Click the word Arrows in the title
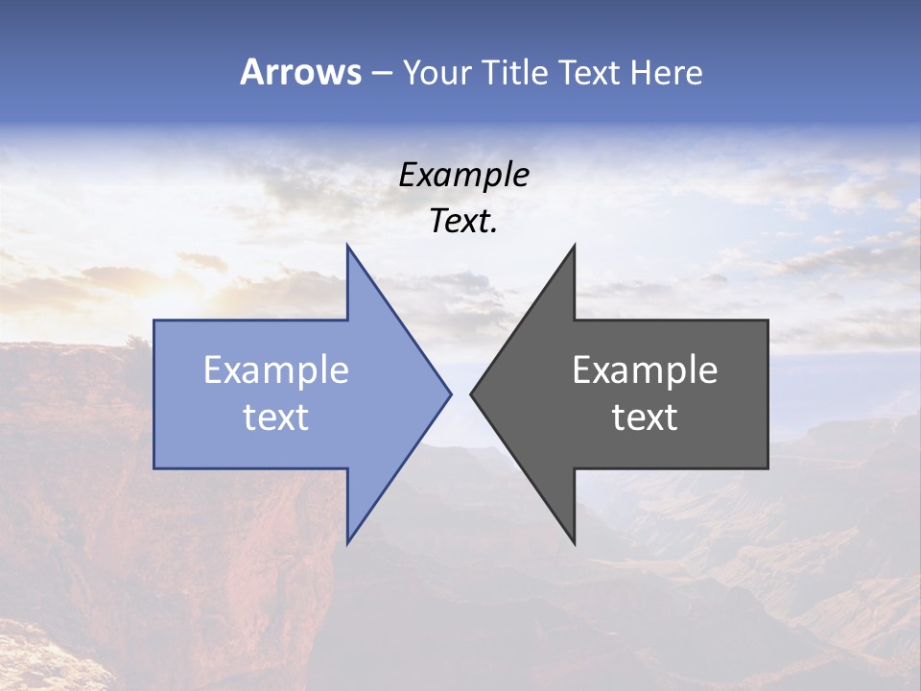coord(299,72)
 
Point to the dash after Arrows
coord(381,73)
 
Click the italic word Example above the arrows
coord(463,175)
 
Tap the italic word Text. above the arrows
coord(463,221)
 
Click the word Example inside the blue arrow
coord(276,369)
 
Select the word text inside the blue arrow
coord(276,417)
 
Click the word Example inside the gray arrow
coord(645,369)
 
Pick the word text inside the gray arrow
coord(645,417)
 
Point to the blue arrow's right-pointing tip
coord(450,393)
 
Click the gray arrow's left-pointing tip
coord(471,393)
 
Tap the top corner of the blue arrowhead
coord(347,246)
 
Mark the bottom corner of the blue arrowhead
coord(347,542)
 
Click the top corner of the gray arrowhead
coord(574,246)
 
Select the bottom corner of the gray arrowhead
coord(574,542)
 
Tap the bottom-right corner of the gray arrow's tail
coord(767,467)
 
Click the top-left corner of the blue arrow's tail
coord(154,321)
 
